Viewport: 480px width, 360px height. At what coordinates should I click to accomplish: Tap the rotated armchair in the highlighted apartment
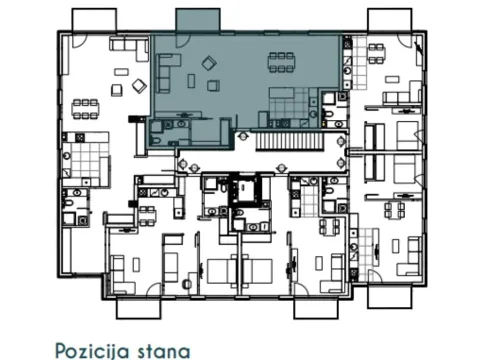click(x=209, y=63)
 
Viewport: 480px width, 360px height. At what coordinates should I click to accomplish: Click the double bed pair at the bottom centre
click(x=240, y=270)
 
